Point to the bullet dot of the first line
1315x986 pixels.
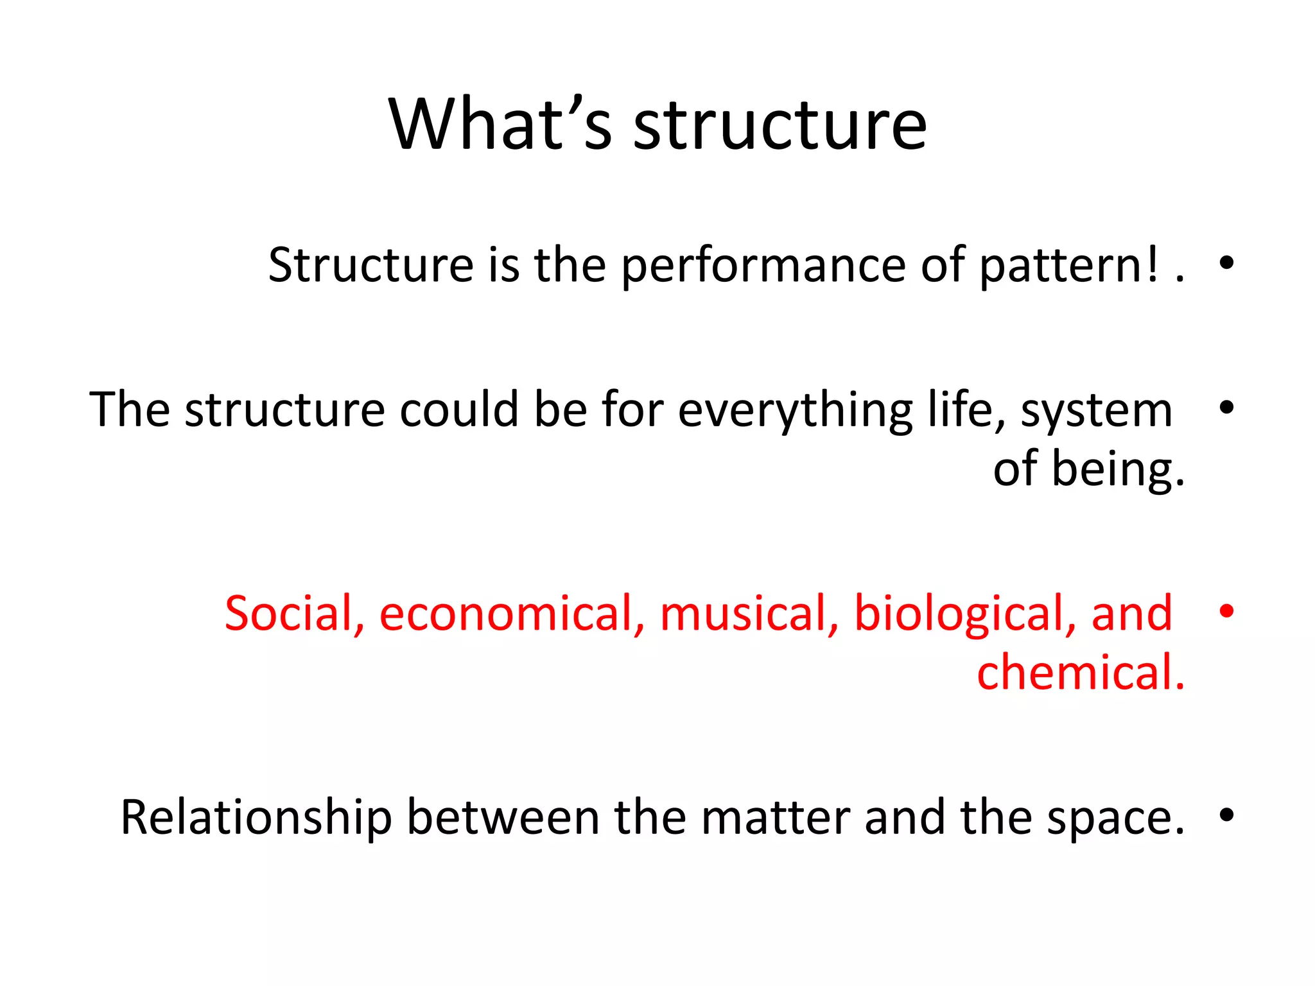tap(1226, 263)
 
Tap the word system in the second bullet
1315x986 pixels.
tap(1096, 411)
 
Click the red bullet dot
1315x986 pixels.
tap(1226, 610)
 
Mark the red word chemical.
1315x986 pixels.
tap(1081, 672)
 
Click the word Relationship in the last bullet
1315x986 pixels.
tap(256, 818)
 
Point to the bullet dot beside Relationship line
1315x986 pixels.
tap(1226, 815)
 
